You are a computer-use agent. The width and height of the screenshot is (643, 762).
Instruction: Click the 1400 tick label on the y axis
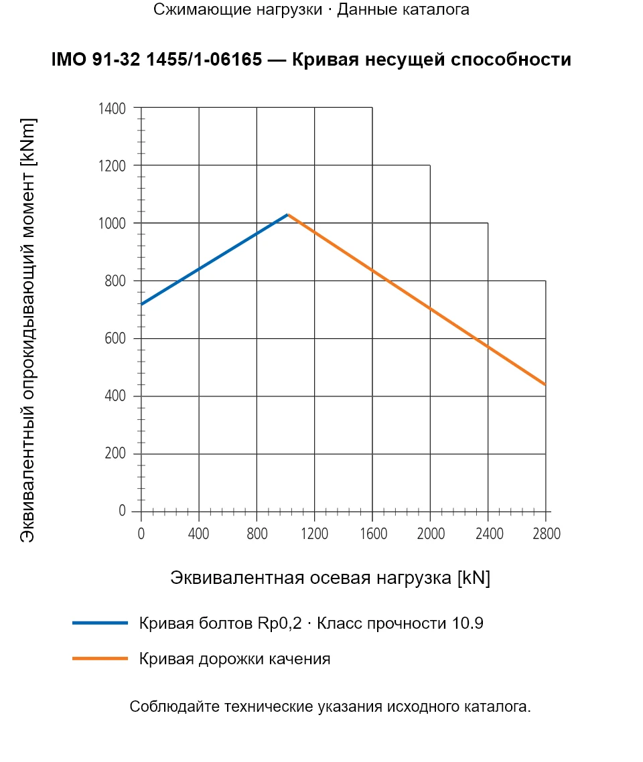pos(112,108)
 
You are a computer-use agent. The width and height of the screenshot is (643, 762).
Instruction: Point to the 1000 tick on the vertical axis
pos(112,223)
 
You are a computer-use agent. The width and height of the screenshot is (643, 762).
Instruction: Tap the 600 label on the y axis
pos(115,338)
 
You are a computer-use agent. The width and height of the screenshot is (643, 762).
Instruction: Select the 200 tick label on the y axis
pos(115,453)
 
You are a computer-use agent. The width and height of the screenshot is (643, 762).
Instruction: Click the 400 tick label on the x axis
pos(198,534)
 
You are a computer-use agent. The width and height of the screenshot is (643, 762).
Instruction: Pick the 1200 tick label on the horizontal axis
pos(314,534)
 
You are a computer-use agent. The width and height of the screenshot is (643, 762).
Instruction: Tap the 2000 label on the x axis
pos(431,534)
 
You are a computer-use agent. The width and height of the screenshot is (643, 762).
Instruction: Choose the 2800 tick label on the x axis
pos(547,534)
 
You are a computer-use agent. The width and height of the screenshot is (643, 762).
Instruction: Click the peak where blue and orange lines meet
pos(288,214)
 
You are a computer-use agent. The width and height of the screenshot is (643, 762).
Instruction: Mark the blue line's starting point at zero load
pos(141,304)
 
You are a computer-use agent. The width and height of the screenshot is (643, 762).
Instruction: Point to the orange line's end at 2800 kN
pos(545,384)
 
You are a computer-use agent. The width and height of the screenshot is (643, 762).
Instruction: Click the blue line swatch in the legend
pos(100,623)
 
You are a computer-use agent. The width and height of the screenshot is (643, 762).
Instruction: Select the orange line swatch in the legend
pos(100,658)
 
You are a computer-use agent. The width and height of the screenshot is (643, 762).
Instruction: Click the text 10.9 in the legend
pos(468,623)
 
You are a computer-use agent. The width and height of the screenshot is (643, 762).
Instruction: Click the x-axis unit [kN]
pos(474,578)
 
